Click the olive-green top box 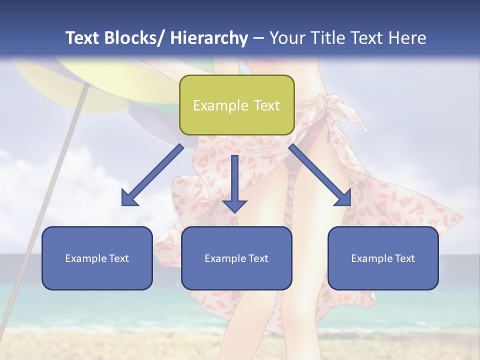[236, 105]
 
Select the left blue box [97, 258]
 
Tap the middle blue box [236, 258]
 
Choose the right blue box [383, 258]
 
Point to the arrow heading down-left [152, 175]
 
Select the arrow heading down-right [320, 175]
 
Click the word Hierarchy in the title [209, 38]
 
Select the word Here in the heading [407, 38]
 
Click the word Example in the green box [220, 105]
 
